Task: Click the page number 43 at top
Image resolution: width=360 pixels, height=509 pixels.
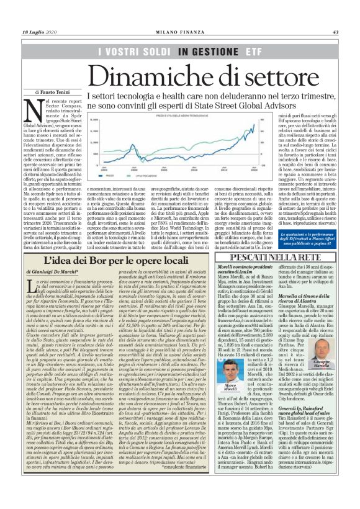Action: click(x=335, y=32)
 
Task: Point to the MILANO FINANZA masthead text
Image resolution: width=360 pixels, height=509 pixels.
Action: click(x=179, y=32)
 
